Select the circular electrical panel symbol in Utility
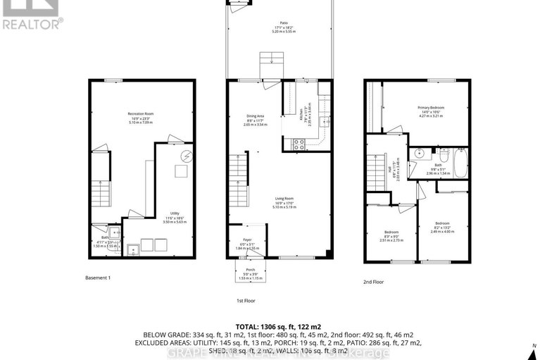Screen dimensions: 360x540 [x=187, y=156]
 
